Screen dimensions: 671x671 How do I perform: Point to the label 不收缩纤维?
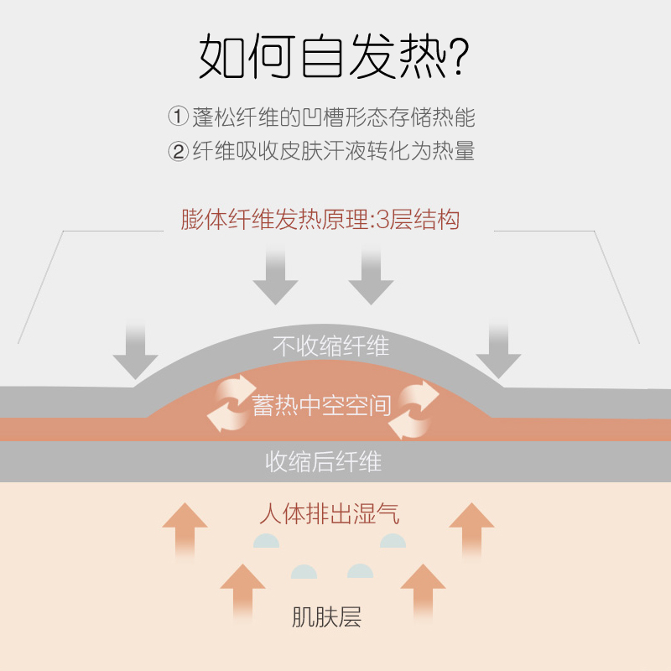331,345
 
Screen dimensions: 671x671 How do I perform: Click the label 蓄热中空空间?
322,406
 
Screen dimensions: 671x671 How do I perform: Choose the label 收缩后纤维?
324,461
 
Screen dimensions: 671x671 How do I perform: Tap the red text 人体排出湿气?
329,512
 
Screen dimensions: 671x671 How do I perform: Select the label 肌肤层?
326,619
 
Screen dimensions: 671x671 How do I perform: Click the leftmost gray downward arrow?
135,351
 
